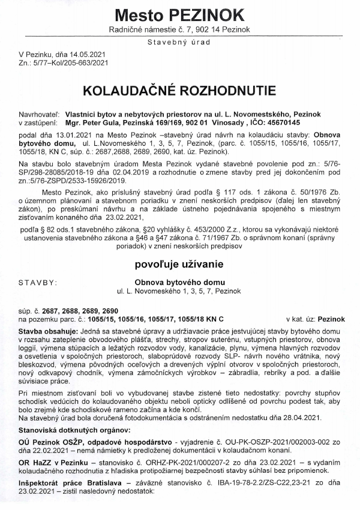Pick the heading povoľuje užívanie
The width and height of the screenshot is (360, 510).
(179, 263)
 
